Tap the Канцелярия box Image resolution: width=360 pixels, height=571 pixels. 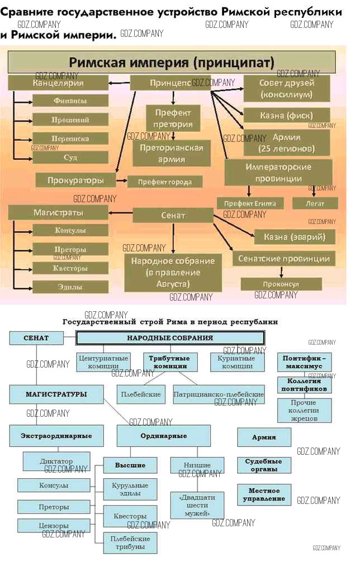(58, 83)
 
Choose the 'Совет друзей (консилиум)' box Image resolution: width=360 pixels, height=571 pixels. (287, 89)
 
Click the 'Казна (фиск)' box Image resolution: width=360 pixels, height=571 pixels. (287, 116)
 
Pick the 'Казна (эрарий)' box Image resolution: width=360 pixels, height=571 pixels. (295, 237)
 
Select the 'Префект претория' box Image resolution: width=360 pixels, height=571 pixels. (173, 118)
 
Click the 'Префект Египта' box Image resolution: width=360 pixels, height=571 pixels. (250, 203)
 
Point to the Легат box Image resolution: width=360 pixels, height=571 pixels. (315, 203)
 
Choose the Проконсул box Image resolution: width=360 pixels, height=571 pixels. (281, 284)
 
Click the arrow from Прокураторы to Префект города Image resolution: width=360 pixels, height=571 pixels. (122, 181)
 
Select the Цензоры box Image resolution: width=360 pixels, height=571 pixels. (54, 526)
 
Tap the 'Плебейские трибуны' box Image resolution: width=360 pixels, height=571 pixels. (130, 543)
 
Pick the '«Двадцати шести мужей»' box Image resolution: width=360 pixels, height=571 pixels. (197, 505)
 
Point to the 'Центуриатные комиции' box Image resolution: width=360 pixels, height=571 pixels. (103, 362)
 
